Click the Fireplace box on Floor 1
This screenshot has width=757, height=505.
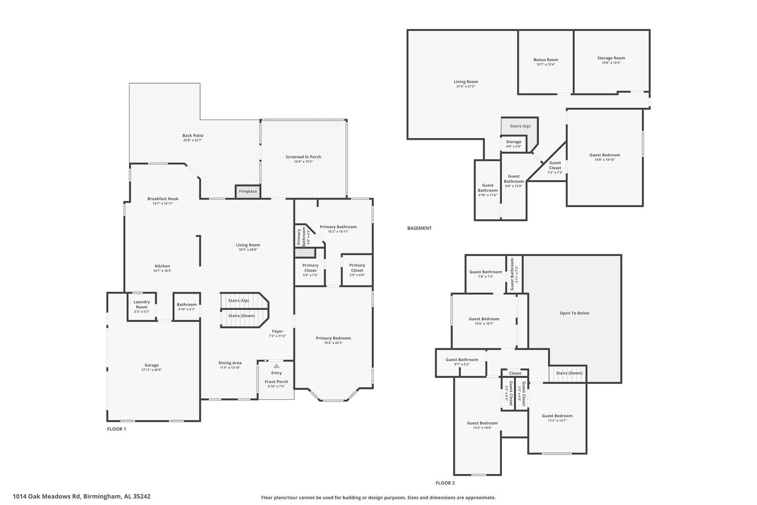(x=248, y=191)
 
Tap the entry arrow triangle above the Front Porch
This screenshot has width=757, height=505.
(x=277, y=366)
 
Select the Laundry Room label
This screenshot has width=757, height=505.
(x=142, y=304)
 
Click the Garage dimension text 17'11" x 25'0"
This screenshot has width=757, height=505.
(x=151, y=370)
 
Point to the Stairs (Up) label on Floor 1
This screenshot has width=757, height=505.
(x=238, y=300)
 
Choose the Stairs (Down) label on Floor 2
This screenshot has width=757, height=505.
(x=569, y=373)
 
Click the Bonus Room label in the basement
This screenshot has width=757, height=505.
(x=546, y=59)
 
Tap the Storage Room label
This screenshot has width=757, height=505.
(x=611, y=58)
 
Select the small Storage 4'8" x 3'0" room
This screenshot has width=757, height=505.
(x=514, y=144)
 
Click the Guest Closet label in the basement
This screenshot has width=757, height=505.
(x=555, y=166)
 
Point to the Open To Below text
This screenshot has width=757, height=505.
(x=574, y=313)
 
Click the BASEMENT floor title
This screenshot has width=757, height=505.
(x=420, y=228)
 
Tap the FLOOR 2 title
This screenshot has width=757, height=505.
(x=445, y=483)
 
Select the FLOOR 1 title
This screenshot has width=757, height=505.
(x=117, y=429)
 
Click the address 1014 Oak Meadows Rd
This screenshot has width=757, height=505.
(x=47, y=496)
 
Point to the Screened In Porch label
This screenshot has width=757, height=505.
(x=303, y=157)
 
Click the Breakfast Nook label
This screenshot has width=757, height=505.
(x=163, y=199)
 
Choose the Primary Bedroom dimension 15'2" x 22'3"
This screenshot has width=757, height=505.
(x=333, y=343)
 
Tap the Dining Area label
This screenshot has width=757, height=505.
(x=230, y=363)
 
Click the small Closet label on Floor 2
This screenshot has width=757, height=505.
(x=515, y=373)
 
